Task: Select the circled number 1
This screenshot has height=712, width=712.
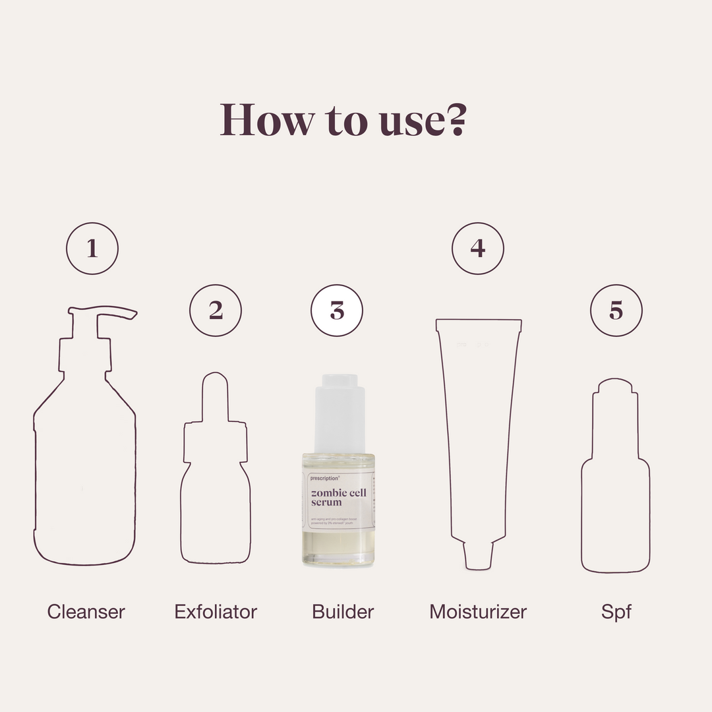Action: (92, 249)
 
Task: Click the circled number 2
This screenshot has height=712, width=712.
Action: (216, 311)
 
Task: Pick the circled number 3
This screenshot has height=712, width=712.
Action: (337, 311)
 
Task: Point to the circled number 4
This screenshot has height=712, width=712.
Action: (478, 249)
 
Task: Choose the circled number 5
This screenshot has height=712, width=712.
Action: (616, 311)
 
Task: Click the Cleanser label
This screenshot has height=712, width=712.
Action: (86, 611)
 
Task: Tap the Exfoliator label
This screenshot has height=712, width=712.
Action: (216, 611)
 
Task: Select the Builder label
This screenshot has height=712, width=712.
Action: (343, 611)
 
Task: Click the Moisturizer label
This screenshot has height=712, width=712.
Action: (478, 611)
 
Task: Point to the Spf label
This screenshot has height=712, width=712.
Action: (616, 611)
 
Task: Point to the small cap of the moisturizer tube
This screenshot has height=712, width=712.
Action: (478, 555)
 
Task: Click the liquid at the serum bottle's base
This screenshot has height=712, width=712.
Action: (338, 547)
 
